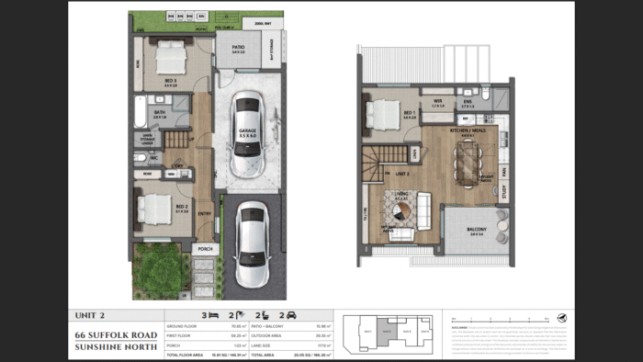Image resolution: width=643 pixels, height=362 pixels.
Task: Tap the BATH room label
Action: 159,114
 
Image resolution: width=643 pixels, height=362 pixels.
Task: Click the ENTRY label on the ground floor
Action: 204,213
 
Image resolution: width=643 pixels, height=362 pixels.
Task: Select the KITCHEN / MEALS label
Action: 460,131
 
